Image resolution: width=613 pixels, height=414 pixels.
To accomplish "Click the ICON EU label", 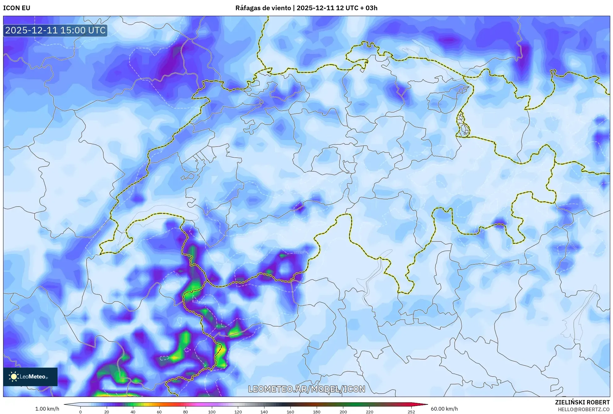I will coord(17,8).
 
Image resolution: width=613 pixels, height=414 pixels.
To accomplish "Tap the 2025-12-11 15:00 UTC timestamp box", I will coord(55,30).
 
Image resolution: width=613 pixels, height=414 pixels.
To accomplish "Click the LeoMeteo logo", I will coord(30,377).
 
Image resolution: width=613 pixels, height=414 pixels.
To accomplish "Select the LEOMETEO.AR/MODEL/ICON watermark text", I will coord(306,389).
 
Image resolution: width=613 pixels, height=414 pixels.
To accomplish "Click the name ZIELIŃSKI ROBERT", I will coord(582,402).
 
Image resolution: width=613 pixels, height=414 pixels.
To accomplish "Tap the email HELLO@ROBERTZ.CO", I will coord(583,409).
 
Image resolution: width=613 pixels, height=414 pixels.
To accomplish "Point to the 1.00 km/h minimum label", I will coord(47,409).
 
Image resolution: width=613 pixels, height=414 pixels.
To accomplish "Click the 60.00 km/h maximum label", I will coord(444,409).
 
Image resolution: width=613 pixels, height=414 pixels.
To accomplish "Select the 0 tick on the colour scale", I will coord(80,412).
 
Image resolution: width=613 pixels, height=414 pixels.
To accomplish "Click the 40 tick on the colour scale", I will coord(133,412).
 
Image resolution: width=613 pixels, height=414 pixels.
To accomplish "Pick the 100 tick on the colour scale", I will coord(212,412).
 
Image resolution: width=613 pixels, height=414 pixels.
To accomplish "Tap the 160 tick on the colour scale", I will coord(290,412).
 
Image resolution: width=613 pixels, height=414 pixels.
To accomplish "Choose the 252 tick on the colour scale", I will coord(411,412).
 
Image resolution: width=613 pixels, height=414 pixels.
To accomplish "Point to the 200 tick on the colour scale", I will coord(343,412).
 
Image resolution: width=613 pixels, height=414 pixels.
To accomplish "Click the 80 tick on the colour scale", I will coord(186,412).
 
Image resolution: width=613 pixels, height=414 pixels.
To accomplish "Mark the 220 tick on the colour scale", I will coord(369,412).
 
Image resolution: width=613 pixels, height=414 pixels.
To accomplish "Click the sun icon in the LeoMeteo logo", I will coord(14,377).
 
